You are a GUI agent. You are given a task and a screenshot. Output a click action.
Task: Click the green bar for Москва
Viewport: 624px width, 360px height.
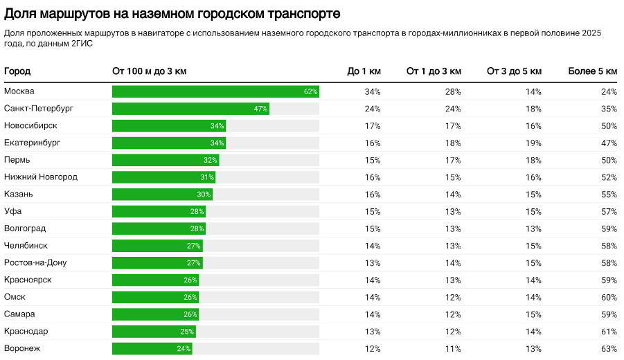pos(215,91)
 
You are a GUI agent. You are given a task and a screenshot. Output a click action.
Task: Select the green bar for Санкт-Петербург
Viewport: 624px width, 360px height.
pos(190,109)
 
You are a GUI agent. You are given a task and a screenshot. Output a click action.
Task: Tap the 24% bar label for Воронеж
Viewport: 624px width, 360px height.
pos(184,348)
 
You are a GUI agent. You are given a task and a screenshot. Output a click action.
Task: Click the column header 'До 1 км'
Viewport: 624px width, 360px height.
pos(364,71)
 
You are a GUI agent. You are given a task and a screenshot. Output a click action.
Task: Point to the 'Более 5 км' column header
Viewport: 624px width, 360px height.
pos(592,71)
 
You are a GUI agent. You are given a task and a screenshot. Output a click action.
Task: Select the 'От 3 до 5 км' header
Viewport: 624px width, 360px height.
pos(515,71)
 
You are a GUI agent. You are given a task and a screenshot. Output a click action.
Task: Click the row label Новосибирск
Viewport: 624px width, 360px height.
pos(30,126)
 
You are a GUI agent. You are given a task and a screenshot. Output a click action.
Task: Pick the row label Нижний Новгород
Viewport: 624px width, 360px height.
pos(41,177)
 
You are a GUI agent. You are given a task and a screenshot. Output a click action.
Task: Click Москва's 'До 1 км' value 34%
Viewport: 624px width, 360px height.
pos(373,91)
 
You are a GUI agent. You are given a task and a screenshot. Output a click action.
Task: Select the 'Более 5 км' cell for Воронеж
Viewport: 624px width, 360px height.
pos(609,348)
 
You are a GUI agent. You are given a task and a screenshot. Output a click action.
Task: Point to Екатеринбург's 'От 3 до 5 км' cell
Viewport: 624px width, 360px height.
pos(533,143)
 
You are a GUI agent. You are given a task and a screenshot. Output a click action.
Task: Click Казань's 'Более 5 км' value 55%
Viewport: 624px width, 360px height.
pos(609,195)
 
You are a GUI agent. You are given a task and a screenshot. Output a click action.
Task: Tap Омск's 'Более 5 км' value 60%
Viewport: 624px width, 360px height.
pos(609,297)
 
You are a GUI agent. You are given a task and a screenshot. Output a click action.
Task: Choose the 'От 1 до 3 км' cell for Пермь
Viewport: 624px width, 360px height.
pos(453,160)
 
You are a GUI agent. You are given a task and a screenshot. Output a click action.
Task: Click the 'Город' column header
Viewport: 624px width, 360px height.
pos(17,71)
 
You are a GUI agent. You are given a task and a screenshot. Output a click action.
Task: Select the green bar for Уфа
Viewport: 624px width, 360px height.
pos(159,211)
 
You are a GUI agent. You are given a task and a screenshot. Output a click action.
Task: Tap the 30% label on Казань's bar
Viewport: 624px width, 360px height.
pos(204,195)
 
